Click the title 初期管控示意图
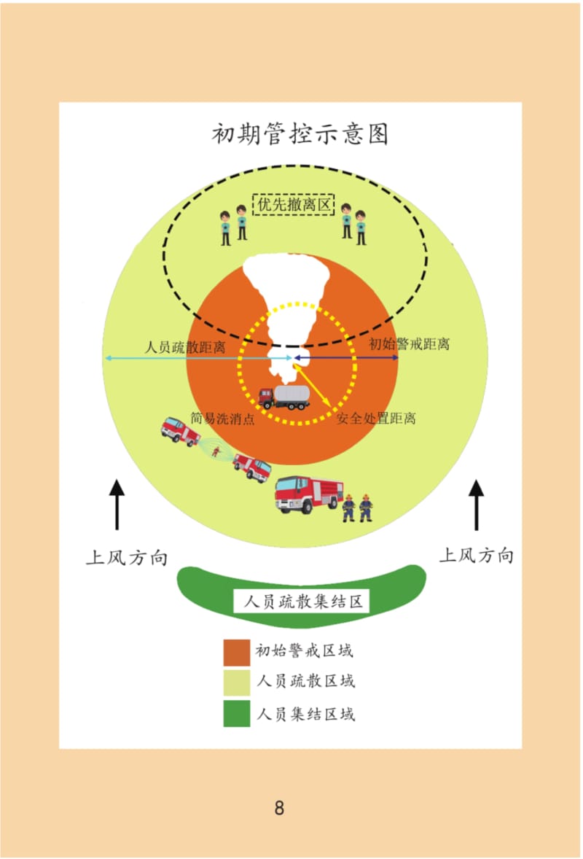pyautogui.click(x=300, y=134)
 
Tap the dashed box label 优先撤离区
pyautogui.click(x=294, y=204)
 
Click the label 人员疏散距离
pyautogui.click(x=184, y=347)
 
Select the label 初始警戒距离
pyautogui.click(x=409, y=344)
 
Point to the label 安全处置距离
pyautogui.click(x=376, y=419)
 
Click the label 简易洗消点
pyautogui.click(x=222, y=419)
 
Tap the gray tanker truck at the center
pyautogui.click(x=284, y=397)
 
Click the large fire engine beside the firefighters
pyautogui.click(x=309, y=494)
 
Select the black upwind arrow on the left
pyautogui.click(x=117, y=505)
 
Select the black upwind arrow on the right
pyautogui.click(x=477, y=505)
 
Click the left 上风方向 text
pyautogui.click(x=127, y=558)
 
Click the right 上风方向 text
pyautogui.click(x=477, y=556)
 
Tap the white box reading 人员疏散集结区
pyautogui.click(x=302, y=602)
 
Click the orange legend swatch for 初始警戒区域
pyautogui.click(x=237, y=652)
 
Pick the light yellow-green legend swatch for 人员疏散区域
pyautogui.click(x=237, y=683)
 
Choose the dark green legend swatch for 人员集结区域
pyautogui.click(x=237, y=713)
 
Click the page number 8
pyautogui.click(x=279, y=808)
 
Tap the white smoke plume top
pyautogui.click(x=286, y=274)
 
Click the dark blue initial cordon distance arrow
pyautogui.click(x=346, y=358)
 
